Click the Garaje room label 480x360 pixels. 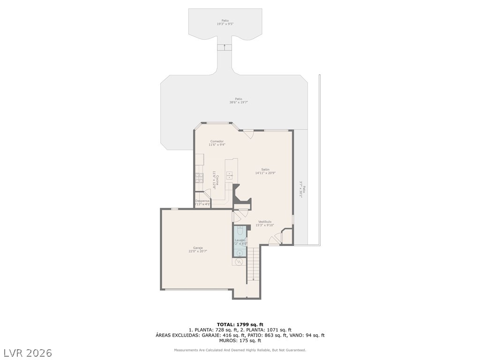click(x=198, y=247)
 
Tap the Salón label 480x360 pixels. click(x=265, y=169)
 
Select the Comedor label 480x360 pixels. click(x=217, y=141)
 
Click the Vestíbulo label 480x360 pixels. click(x=265, y=222)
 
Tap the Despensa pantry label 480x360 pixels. click(x=202, y=201)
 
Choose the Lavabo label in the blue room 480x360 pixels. click(x=240, y=240)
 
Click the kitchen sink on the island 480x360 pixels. click(x=230, y=176)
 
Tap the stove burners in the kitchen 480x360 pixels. click(x=199, y=177)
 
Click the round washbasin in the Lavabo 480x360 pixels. click(x=240, y=253)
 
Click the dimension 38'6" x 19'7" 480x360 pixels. click(x=239, y=102)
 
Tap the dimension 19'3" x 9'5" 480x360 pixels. click(x=225, y=24)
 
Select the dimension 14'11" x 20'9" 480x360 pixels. click(x=265, y=173)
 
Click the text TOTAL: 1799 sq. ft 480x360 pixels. click(x=240, y=324)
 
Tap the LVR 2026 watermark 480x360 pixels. click(x=28, y=352)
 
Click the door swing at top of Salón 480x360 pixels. click(x=248, y=134)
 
